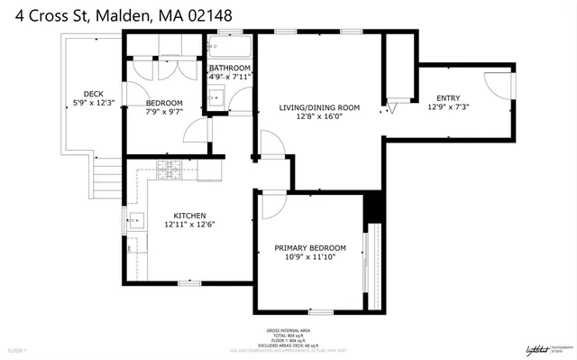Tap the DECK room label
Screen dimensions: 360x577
tap(93, 94)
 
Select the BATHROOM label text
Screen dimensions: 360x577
tap(229, 68)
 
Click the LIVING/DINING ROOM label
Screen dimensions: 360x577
tap(319, 107)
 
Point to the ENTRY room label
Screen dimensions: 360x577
tap(448, 98)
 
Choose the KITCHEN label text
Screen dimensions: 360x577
tap(190, 216)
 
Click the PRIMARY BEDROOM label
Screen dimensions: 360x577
tap(310, 248)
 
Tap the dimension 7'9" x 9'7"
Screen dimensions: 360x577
tap(165, 112)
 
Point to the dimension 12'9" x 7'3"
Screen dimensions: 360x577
tap(448, 107)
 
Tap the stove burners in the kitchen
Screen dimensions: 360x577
tap(169, 169)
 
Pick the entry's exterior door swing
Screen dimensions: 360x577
tap(497, 85)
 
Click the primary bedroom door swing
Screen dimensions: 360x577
tap(268, 205)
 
